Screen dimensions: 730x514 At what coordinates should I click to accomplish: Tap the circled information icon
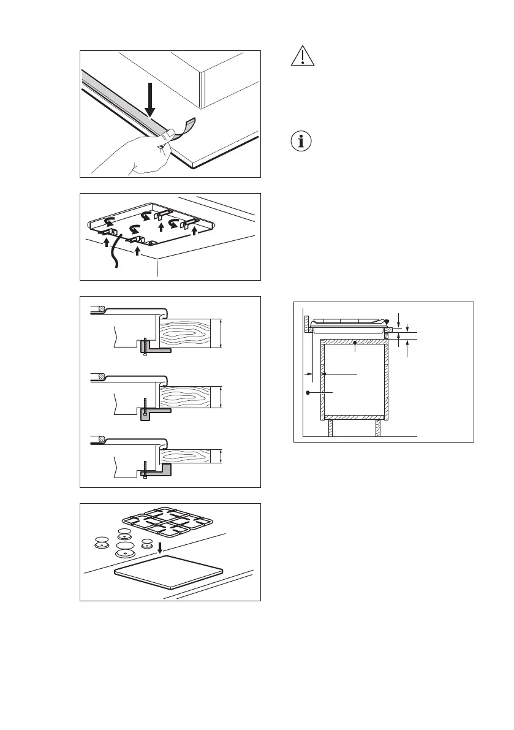[300, 140]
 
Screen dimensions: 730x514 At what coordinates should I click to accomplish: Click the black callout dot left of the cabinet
[309, 392]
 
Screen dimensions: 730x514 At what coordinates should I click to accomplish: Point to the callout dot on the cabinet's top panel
[355, 351]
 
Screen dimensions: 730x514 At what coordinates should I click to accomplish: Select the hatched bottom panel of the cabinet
[353, 417]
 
